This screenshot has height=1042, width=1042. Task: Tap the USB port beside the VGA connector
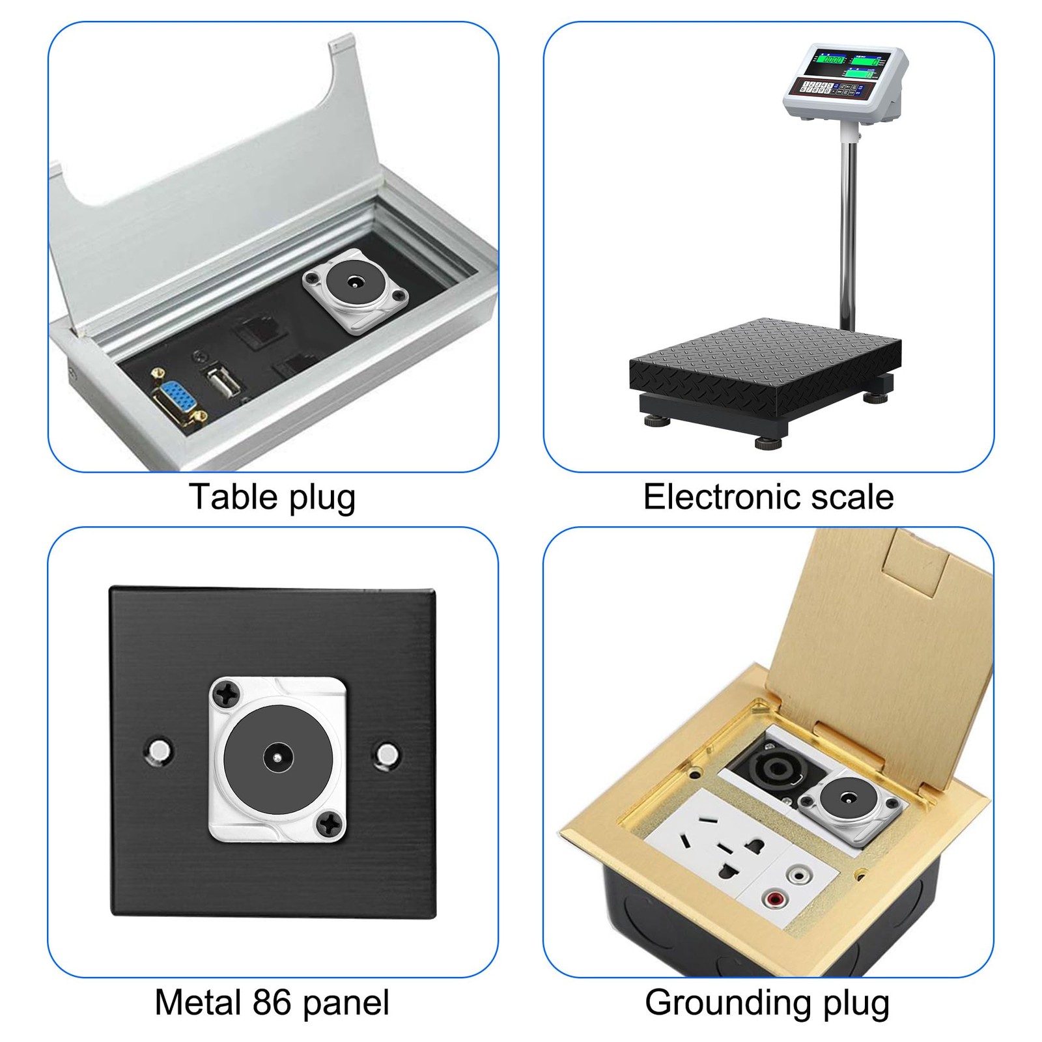coord(217,384)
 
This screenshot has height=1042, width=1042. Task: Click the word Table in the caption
coord(233,498)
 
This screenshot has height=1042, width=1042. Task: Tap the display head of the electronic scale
coord(845,83)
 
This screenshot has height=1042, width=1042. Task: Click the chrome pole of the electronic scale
coord(848,228)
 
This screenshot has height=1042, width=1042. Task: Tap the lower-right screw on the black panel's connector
coord(329,825)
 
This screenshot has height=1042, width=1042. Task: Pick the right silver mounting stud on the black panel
coord(389,755)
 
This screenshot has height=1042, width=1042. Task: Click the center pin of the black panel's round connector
coord(278,758)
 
